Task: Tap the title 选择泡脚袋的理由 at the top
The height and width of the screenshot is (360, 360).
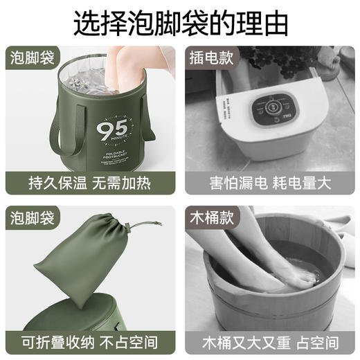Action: tap(179, 22)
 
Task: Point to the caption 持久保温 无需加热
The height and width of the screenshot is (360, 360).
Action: tap(91, 183)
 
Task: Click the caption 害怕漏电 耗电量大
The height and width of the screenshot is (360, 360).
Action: tap(269, 183)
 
